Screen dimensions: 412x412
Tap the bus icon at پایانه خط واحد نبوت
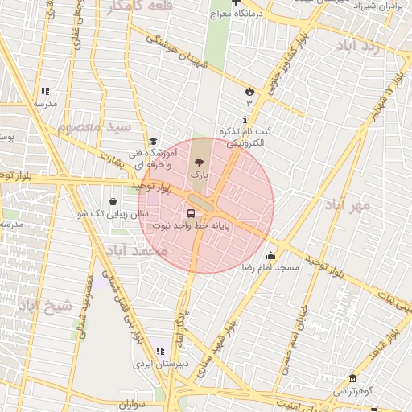tap(192, 213)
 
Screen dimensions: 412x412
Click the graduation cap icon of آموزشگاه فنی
tap(153, 142)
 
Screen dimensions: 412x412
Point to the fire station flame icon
tap(249, 91)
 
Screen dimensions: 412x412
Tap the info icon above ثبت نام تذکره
tap(245, 119)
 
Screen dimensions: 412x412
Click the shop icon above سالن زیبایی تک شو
tap(112, 201)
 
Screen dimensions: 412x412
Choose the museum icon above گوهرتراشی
tap(352, 378)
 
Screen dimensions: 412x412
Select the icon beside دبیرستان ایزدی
tap(160, 352)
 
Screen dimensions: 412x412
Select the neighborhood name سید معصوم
tap(94, 126)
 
